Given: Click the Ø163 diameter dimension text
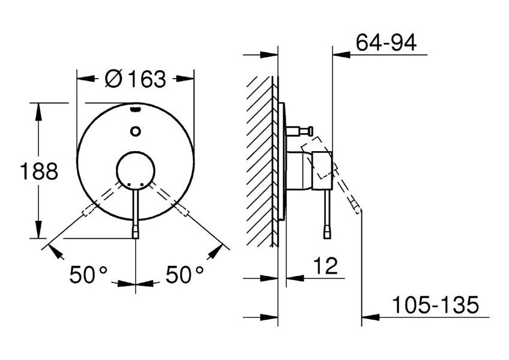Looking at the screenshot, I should (x=134, y=79).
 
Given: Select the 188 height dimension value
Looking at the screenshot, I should (x=39, y=172).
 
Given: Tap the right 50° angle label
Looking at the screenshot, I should (x=185, y=275).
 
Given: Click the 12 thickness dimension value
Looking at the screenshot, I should (x=325, y=265).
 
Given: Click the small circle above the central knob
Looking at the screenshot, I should (x=136, y=131).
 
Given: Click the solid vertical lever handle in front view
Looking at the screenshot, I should (x=136, y=213).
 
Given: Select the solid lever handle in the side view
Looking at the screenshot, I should (x=327, y=213).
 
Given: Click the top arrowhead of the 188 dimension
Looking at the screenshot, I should (x=39, y=109).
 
